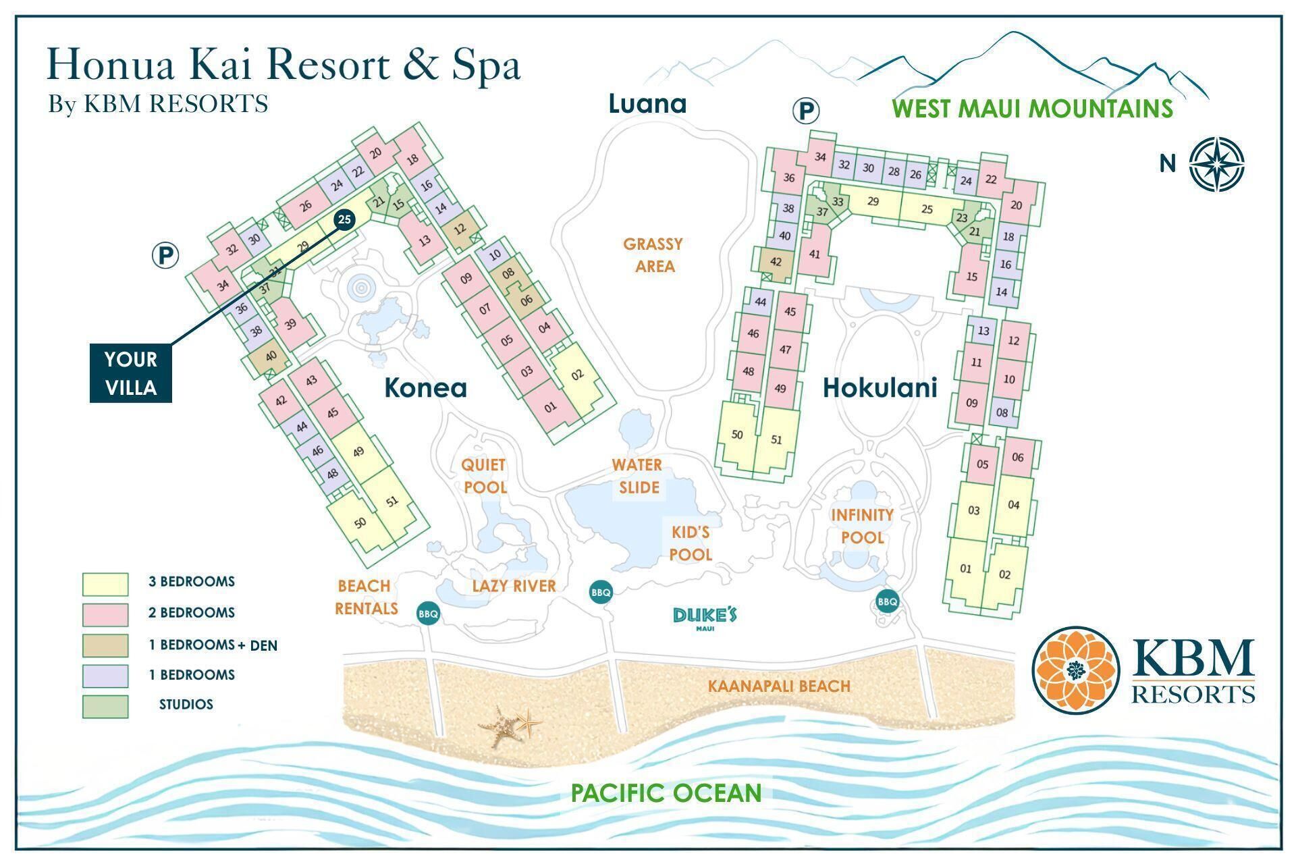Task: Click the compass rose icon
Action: [x=1216, y=164]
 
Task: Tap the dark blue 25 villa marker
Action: [x=344, y=219]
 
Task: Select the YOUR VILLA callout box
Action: [x=131, y=373]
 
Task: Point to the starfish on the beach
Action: [x=510, y=726]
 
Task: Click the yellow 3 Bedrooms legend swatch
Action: [x=105, y=584]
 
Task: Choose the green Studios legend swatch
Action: [x=105, y=706]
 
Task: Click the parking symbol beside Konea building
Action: [x=165, y=256]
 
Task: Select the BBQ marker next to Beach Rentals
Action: [x=428, y=614]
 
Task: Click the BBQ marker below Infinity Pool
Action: [x=887, y=601]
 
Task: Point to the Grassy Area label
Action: [x=653, y=255]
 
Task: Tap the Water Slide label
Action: [x=637, y=476]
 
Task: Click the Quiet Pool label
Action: [x=483, y=476]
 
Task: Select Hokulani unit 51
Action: [x=776, y=439]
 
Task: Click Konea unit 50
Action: [x=360, y=522]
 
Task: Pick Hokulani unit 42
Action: [x=776, y=261]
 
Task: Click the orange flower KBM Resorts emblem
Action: [x=1075, y=670]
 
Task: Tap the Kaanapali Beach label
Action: [x=779, y=686]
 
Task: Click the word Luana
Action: [x=647, y=104]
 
